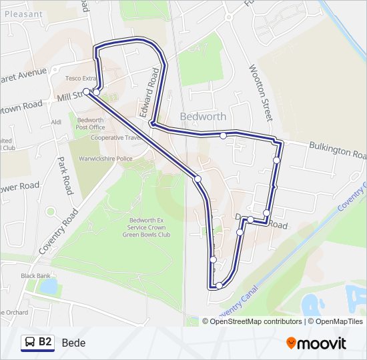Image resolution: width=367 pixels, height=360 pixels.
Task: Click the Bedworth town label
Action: (203, 117)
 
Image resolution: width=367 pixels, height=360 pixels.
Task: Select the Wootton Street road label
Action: (260, 93)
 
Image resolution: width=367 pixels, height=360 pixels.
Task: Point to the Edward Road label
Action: (152, 93)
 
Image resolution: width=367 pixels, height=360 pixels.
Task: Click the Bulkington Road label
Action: (337, 151)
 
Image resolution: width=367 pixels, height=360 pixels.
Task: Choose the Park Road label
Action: (65, 175)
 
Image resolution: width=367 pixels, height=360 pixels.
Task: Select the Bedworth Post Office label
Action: (90, 123)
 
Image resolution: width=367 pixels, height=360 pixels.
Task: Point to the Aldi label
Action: (56, 121)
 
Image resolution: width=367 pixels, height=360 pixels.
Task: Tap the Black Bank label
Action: (35, 275)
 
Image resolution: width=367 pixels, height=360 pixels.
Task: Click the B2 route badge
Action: (37, 343)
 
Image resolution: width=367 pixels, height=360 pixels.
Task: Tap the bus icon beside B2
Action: (30, 343)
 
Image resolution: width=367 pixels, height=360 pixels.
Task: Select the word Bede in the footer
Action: (73, 343)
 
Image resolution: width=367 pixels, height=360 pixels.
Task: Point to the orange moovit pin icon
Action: (291, 343)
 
